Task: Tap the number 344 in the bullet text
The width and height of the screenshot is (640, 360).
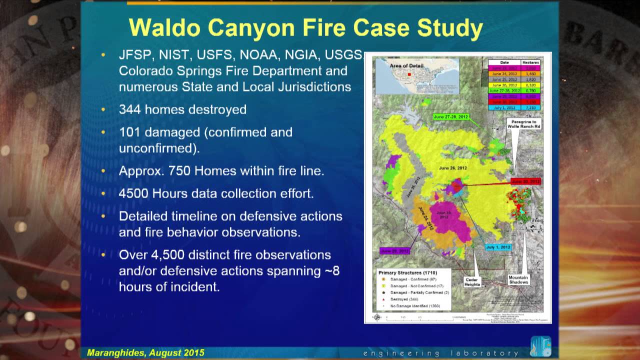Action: (130, 109)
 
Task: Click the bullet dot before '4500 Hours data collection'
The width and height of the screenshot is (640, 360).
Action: (103, 193)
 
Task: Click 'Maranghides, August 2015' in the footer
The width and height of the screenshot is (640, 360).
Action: (145, 352)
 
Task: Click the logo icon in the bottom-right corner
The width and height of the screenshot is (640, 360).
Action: (540, 346)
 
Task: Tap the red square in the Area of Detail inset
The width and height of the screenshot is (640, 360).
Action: (409, 74)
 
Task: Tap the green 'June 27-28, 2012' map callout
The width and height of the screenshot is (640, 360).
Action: (450, 116)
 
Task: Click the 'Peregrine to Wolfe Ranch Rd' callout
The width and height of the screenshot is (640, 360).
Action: (523, 123)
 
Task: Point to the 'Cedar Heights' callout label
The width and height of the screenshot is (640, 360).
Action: (472, 281)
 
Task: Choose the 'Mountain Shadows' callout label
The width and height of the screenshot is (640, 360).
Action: (518, 279)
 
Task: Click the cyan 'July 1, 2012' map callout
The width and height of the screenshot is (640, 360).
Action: (498, 247)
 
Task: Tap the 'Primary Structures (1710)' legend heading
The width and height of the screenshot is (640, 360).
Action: (405, 273)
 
